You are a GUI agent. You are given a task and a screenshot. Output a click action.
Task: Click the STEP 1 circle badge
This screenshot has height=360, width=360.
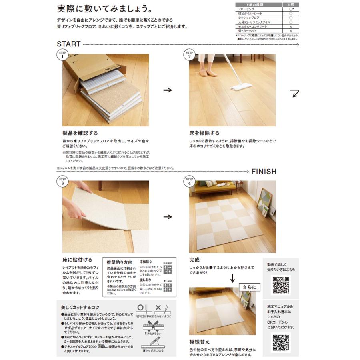coord(62,54)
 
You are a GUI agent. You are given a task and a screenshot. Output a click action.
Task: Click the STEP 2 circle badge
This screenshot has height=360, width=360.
coord(189,54)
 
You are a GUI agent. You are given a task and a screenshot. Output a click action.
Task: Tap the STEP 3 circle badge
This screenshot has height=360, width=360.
coord(62,181)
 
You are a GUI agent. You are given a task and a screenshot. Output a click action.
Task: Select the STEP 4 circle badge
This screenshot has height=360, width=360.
coord(189,181)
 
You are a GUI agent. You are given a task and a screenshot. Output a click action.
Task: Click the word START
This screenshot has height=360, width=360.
coord(68,44)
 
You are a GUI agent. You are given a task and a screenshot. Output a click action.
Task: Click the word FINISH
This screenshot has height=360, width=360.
coord(264,171)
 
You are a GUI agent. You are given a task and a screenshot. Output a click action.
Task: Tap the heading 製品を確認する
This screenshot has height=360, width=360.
coord(80,133)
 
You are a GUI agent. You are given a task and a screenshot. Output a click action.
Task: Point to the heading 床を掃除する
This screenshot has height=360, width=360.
coord(204,133)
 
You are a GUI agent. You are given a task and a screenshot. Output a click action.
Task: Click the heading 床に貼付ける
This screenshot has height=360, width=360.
coord(77,260)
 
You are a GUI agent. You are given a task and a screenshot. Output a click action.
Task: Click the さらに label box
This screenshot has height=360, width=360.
coord(250,287)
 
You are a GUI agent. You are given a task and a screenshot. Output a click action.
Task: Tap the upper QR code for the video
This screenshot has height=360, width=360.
coord(281,285)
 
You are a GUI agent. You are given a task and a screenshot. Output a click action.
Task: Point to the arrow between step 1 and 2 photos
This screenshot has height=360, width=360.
coord(168,90)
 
